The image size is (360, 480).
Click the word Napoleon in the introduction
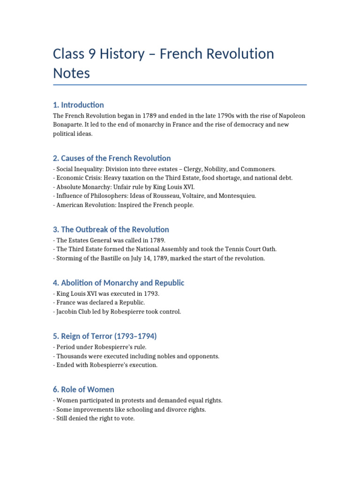tap(292, 116)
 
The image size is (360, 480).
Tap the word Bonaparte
tap(68, 125)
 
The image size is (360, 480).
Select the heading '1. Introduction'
tap(79, 105)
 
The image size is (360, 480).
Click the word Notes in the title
tap(71, 73)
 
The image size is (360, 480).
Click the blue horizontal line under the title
tap(180, 85)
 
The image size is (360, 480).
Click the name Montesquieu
tap(237, 196)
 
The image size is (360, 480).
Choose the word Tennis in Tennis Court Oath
tap(225, 249)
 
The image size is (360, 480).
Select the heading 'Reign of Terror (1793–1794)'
tap(105, 336)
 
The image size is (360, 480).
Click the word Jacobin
tap(67, 312)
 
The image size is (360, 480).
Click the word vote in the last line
tap(127, 419)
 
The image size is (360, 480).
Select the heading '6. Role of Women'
tap(84, 390)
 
